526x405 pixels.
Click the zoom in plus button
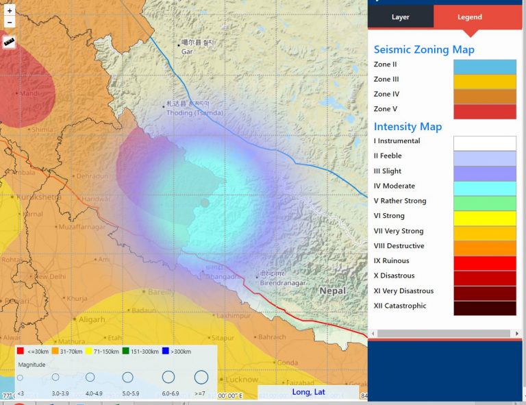10,11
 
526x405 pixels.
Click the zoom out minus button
10,23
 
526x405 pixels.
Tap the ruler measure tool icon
10,42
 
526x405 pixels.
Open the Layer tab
400,17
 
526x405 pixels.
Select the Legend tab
469,17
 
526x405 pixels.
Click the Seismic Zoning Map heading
424,49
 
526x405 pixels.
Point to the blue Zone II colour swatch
484,66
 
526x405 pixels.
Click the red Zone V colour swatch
484,111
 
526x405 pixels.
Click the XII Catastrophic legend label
400,306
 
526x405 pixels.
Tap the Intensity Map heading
408,126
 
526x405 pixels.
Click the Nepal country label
333,291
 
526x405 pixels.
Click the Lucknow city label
242,379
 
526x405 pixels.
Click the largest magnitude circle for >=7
201,377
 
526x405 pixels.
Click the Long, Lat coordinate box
308,392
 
